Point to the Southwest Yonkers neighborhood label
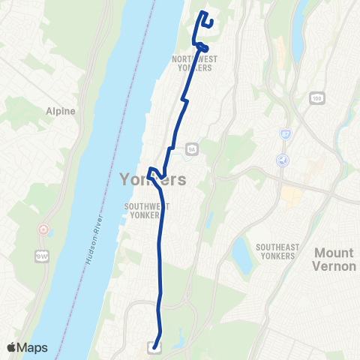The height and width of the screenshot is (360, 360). [147, 210]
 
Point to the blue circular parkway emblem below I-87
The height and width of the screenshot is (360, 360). [283, 160]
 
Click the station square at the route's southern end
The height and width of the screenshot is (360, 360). [154, 346]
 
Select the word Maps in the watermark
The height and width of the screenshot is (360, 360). [33, 347]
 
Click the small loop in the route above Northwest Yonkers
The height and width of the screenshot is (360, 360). [202, 46]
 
